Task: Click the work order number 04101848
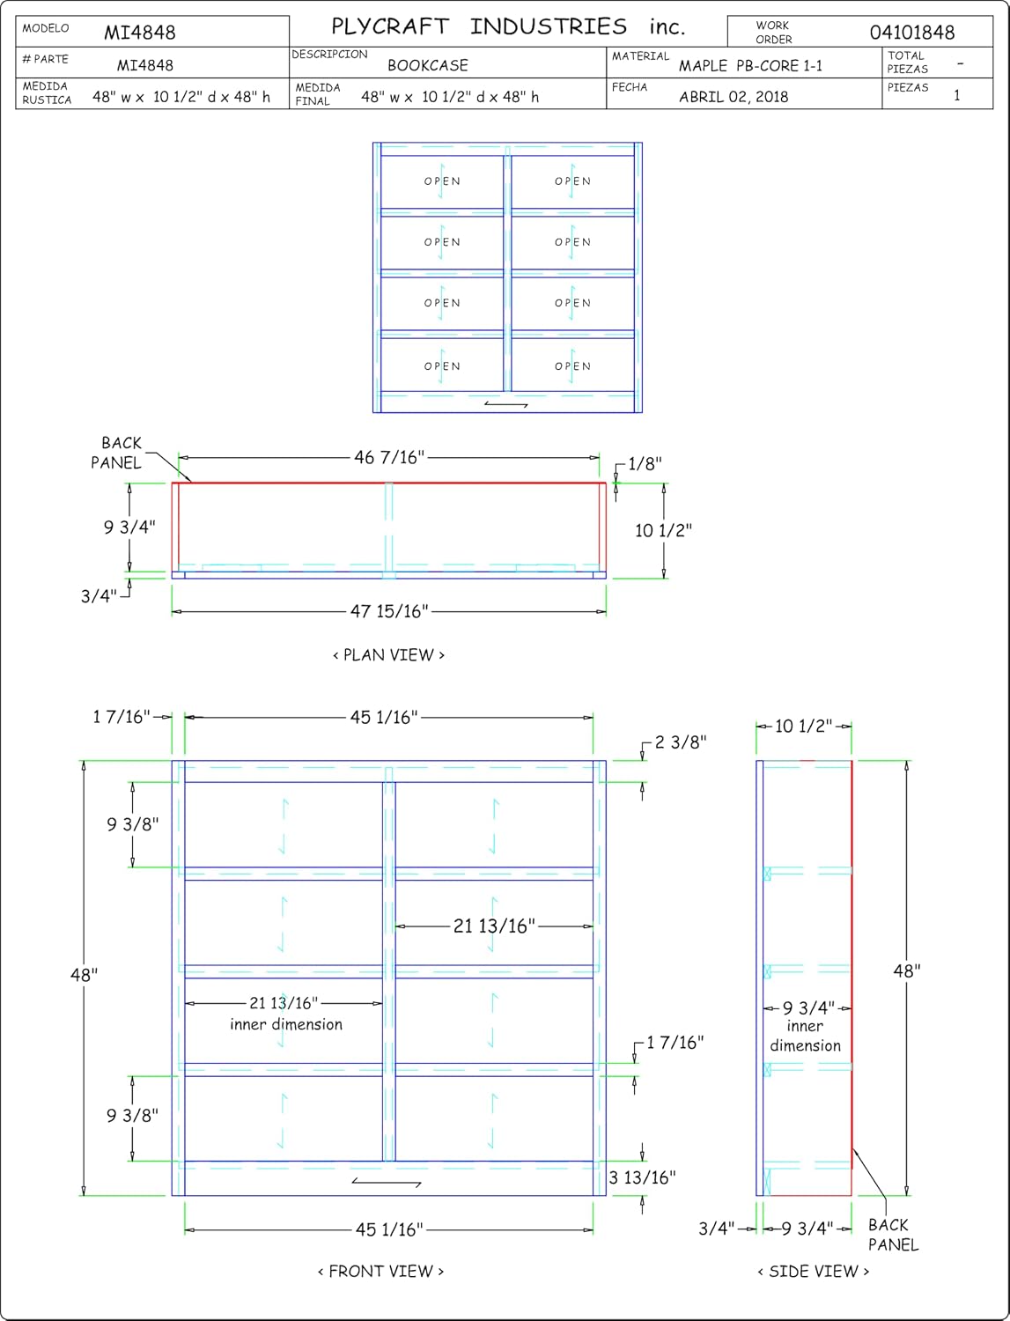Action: tap(912, 32)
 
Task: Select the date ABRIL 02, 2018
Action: tap(734, 97)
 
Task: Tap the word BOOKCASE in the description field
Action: tap(428, 65)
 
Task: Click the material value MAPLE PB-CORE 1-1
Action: tap(750, 65)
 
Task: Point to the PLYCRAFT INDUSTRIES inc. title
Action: tap(508, 26)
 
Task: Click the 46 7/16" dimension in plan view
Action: tap(389, 457)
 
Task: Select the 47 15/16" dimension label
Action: tap(389, 611)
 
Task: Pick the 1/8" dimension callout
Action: tap(645, 463)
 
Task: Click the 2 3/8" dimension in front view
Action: tap(681, 742)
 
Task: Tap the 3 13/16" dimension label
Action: tap(642, 1177)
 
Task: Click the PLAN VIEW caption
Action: tap(388, 655)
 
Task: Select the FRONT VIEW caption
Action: tap(380, 1271)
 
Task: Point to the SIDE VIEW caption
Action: tap(814, 1271)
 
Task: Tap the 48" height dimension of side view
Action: tap(906, 970)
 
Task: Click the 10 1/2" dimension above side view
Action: tap(804, 726)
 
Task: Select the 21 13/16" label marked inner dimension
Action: tap(284, 1002)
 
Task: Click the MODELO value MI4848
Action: tap(139, 32)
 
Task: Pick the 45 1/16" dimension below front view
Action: tap(389, 1229)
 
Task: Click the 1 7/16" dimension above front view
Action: tap(121, 717)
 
